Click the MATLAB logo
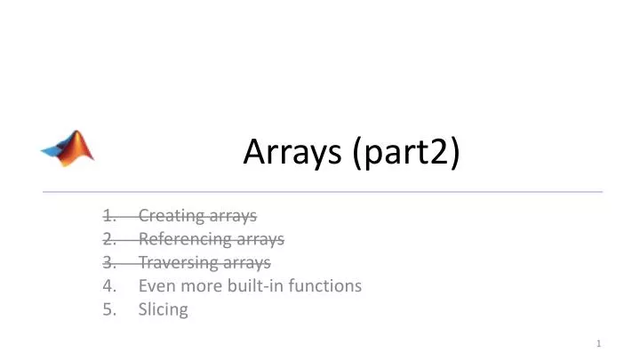point(68,146)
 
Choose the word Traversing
point(175,263)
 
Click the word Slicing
point(163,310)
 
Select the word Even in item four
point(155,286)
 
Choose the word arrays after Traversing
point(243,263)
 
